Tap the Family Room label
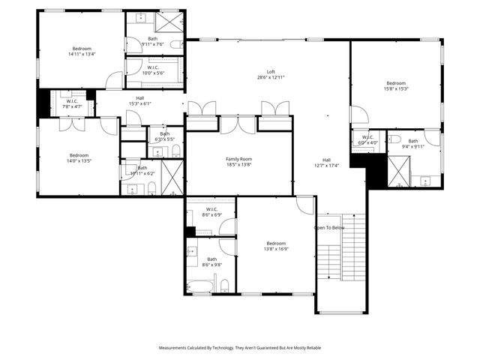pyautogui.click(x=238, y=162)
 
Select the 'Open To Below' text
pyautogui.click(x=329, y=228)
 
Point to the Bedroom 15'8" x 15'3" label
pyautogui.click(x=396, y=85)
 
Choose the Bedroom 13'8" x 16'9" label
pyautogui.click(x=276, y=247)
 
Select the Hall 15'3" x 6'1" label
pyautogui.click(x=139, y=100)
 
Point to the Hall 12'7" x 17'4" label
pyautogui.click(x=326, y=163)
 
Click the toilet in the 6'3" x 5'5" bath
pyautogui.click(x=176, y=152)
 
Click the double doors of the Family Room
pyautogui.click(x=238, y=124)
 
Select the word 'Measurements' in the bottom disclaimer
pyautogui.click(x=172, y=348)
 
